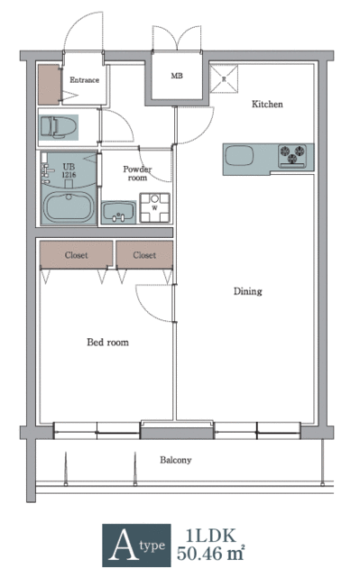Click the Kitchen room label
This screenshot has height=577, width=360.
pyautogui.click(x=266, y=105)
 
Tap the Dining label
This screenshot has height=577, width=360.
pyautogui.click(x=248, y=291)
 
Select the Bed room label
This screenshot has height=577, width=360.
pyautogui.click(x=107, y=342)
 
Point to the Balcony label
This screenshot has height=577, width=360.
pyautogui.click(x=176, y=460)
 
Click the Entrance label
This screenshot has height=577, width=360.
pyautogui.click(x=86, y=80)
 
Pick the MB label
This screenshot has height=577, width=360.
pyautogui.click(x=177, y=76)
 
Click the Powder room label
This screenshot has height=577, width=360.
pyautogui.click(x=137, y=173)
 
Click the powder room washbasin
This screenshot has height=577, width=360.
pyautogui.click(x=118, y=212)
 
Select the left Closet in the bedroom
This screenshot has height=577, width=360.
pyautogui.click(x=76, y=255)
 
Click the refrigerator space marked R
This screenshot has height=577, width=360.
pyautogui.click(x=224, y=78)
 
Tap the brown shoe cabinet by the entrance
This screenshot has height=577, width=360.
pyautogui.click(x=48, y=84)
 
